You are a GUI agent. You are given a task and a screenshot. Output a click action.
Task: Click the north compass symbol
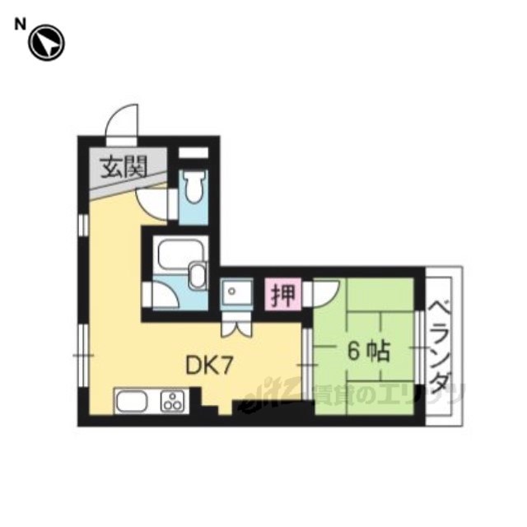[46, 43]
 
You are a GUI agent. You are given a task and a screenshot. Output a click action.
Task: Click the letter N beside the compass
[20, 25]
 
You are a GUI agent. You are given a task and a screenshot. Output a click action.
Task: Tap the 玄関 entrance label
[124, 167]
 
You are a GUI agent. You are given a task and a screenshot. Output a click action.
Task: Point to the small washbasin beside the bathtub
[198, 275]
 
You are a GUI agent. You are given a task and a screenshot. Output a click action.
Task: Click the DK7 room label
[209, 365]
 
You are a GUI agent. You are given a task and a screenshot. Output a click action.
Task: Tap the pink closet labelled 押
[283, 295]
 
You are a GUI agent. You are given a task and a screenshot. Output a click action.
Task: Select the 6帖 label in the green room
[368, 352]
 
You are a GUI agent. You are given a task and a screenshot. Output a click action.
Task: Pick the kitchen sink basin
[132, 401]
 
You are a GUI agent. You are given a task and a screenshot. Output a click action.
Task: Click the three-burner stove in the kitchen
[173, 401]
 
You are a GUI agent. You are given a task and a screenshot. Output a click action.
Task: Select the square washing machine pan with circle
[236, 291]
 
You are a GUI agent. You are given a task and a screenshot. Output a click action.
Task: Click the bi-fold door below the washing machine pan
[236, 327]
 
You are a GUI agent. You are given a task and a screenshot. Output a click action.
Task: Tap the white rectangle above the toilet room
[193, 152]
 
